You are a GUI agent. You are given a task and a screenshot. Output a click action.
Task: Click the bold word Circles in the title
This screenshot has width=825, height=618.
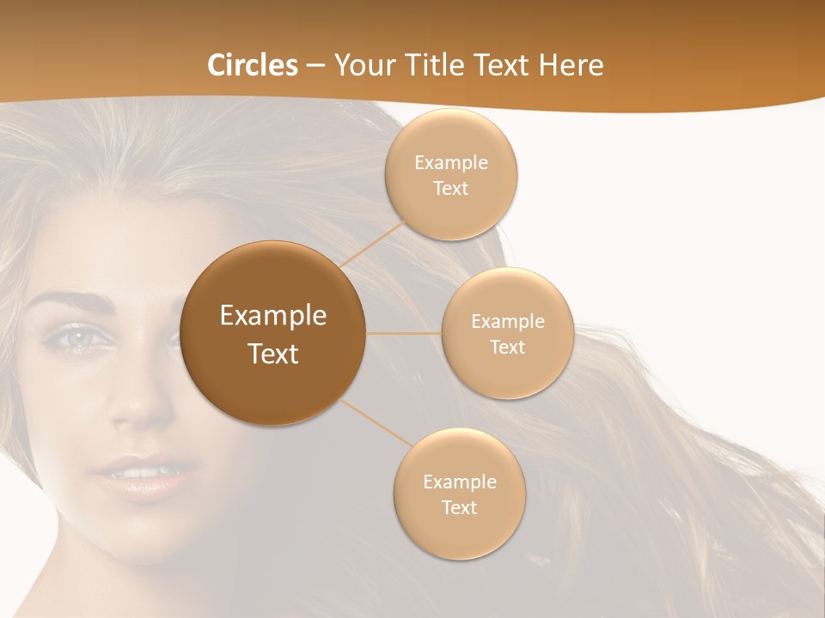pyautogui.click(x=253, y=65)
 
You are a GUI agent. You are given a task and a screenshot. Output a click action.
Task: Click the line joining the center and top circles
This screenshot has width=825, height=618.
pyautogui.click(x=371, y=244)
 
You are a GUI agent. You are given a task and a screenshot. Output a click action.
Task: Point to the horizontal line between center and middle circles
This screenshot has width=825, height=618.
pyautogui.click(x=404, y=333)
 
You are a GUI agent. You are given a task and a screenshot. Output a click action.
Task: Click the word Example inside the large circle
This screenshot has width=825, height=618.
pyautogui.click(x=273, y=316)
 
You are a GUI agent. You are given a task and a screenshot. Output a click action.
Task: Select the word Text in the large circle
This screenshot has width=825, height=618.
pyautogui.click(x=273, y=354)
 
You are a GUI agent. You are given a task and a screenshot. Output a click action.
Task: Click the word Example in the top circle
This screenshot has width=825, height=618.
pyautogui.click(x=451, y=163)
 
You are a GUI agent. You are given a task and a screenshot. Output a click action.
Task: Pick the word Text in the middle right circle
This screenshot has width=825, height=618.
pyautogui.click(x=508, y=348)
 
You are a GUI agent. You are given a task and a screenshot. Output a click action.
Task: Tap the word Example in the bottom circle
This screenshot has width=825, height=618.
pyautogui.click(x=459, y=482)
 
